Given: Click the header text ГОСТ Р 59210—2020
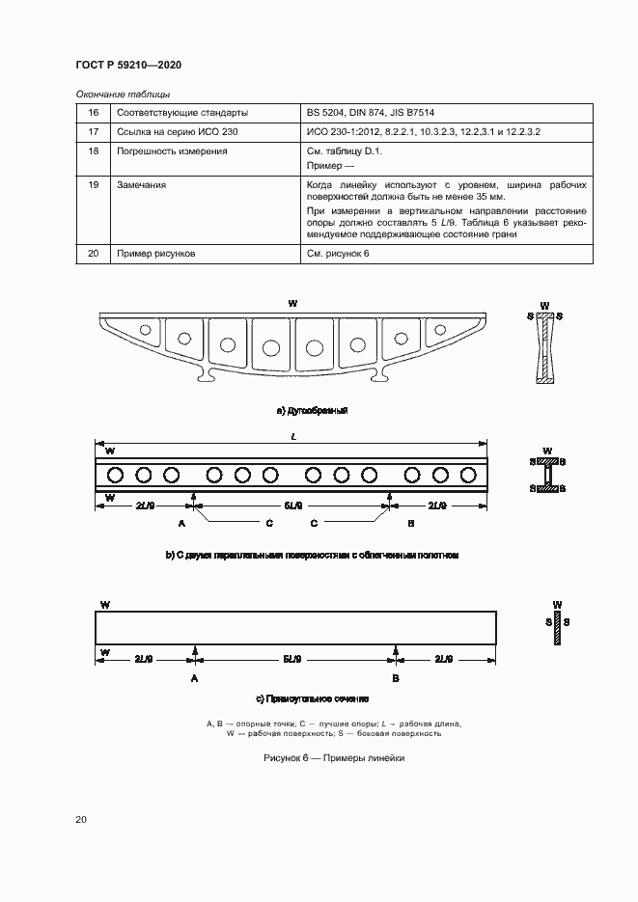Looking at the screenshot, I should tap(128, 65).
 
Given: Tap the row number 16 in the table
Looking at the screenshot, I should tap(94, 112).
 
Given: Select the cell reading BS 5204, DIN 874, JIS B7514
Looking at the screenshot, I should tap(371, 112).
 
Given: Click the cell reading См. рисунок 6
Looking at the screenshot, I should tap(338, 253).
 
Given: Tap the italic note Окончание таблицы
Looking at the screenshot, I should tap(123, 94).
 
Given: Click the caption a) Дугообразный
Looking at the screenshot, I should tap(311, 411).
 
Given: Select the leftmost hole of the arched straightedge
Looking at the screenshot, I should tap(145, 330).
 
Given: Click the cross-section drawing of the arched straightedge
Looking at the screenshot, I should tap(545, 352).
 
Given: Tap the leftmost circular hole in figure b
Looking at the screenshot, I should tap(116, 474).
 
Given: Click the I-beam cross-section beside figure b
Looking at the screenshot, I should tap(547, 475).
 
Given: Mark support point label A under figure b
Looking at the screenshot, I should tap(180, 522).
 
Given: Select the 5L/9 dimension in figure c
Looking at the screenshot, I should tap(293, 659).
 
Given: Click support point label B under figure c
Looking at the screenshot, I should tap(396, 679).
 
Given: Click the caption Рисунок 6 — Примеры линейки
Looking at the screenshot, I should tap(334, 758).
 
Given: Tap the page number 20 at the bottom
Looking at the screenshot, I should tap(81, 820).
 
